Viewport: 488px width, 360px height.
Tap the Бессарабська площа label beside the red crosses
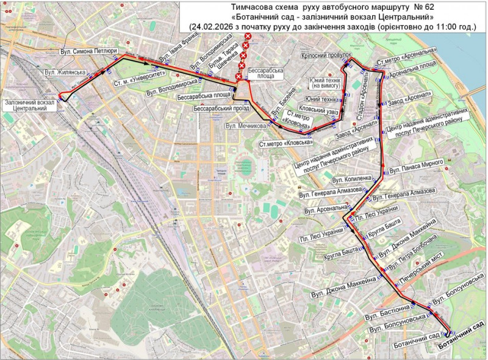(x=266, y=74)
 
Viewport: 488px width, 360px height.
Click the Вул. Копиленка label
(x=351, y=179)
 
